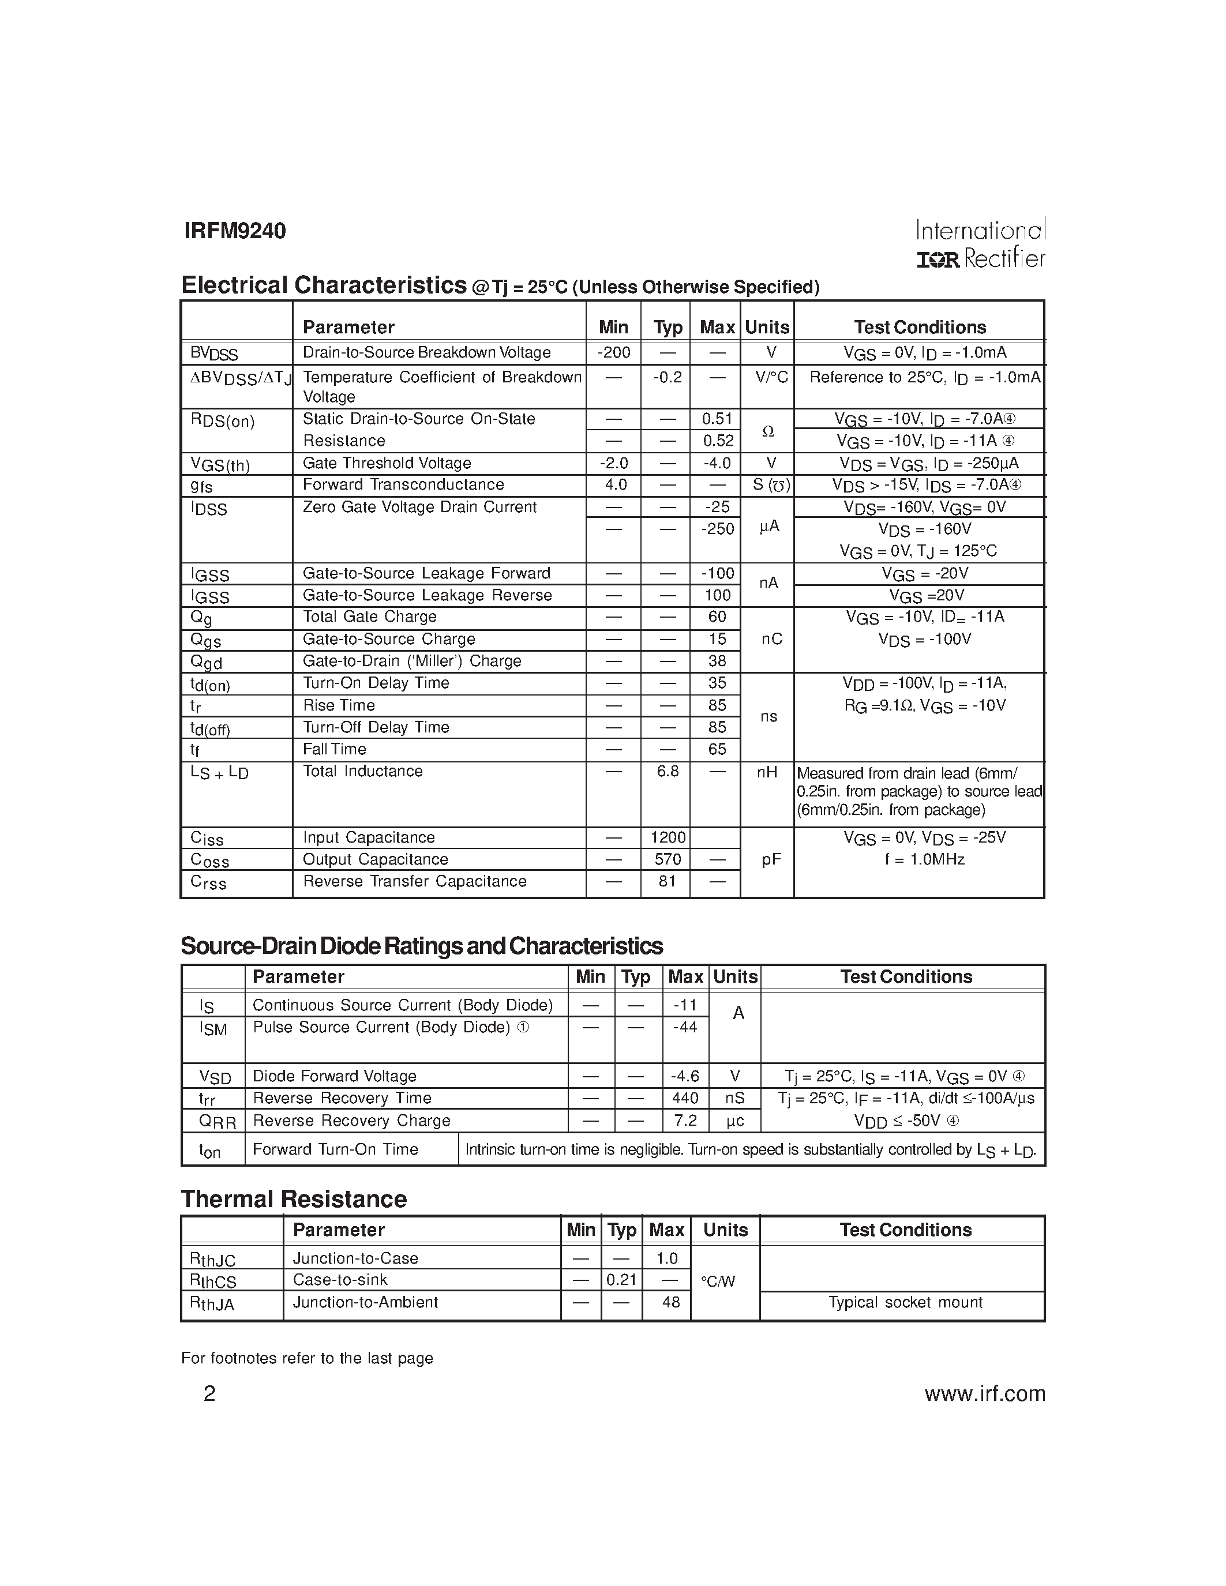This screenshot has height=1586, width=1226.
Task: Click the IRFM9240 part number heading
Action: point(235,231)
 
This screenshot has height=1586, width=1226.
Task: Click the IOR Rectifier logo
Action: point(980,258)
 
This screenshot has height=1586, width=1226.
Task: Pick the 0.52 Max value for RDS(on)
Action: point(717,441)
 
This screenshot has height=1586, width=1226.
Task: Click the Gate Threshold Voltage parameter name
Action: point(387,463)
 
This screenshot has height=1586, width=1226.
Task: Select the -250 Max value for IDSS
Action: point(717,529)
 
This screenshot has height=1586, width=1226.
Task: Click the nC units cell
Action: point(771,639)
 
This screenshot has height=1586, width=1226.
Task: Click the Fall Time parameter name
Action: point(334,749)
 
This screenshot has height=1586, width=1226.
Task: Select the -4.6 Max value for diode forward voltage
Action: point(685,1076)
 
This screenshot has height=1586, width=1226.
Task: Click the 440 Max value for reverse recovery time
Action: point(685,1098)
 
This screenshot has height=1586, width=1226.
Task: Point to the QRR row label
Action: point(217,1122)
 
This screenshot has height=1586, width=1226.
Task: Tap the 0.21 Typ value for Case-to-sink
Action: point(622,1280)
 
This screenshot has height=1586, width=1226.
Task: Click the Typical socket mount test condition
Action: point(905,1302)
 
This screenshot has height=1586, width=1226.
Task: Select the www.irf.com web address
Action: point(984,1393)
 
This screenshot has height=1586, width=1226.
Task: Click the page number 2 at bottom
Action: point(209,1393)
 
